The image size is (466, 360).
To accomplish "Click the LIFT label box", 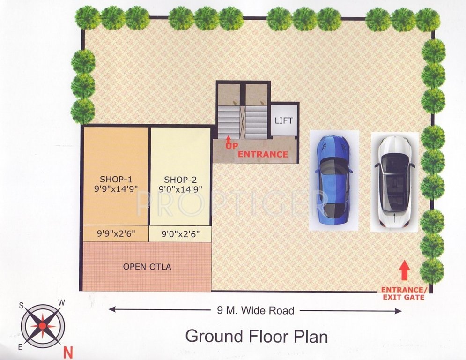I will pyautogui.click(x=284, y=120).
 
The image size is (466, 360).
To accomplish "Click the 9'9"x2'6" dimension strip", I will pyautogui.click(x=116, y=233).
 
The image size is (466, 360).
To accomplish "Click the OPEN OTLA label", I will pyautogui.click(x=147, y=267).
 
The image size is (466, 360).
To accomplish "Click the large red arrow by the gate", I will pyautogui.click(x=405, y=271).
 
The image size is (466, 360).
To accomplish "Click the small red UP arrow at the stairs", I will pyautogui.click(x=229, y=139).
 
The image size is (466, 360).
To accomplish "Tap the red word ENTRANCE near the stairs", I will pyautogui.click(x=263, y=154).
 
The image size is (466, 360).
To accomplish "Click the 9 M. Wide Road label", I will pyautogui.click(x=256, y=310).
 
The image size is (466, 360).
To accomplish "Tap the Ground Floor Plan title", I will pyautogui.click(x=256, y=336).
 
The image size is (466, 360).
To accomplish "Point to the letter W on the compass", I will pyautogui.click(x=60, y=302).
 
